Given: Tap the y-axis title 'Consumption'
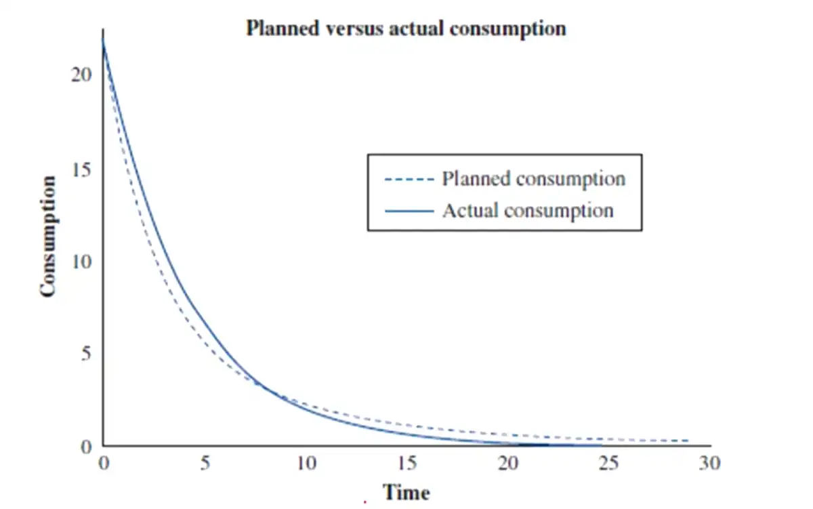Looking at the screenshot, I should point(47,237).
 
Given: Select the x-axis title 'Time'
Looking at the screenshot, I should point(406,492).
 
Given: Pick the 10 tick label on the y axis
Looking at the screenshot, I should point(81,261).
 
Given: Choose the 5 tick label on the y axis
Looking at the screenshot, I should point(86,354).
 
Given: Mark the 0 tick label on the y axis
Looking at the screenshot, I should point(86,447).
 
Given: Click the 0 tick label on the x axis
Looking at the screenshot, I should point(103,464).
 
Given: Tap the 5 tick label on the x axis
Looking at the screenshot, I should point(205,464).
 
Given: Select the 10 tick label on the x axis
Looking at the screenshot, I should point(306,464).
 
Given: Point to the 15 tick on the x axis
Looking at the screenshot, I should point(407,464).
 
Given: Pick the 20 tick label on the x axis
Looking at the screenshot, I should point(508,464).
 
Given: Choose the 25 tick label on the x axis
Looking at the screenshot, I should point(610,464).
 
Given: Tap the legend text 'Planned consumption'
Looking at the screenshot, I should point(533,179).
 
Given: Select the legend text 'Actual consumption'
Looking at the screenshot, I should point(528,210).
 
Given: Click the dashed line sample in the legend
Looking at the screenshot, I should point(409,180).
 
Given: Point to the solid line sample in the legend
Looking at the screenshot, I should point(409,211).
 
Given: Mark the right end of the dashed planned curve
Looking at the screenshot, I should point(689,441).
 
